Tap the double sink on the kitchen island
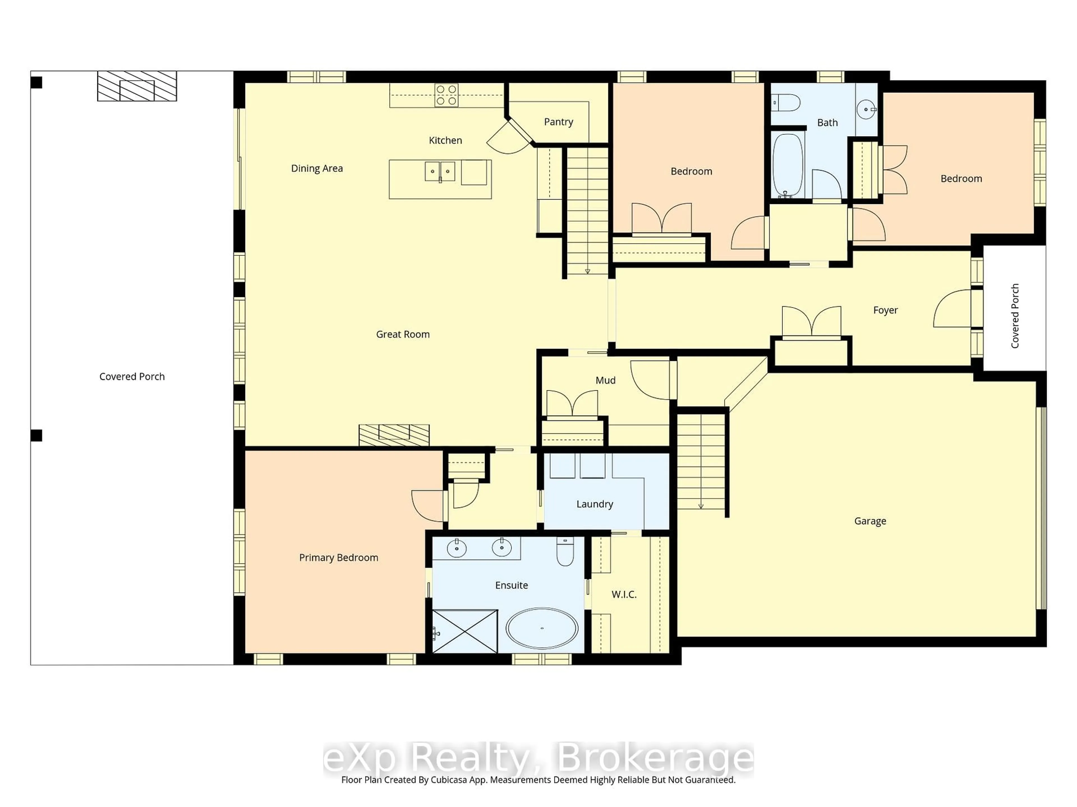click(440, 171)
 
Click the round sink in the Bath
click(866, 109)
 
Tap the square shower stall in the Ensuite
click(465, 631)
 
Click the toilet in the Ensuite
click(565, 552)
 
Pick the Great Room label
click(403, 334)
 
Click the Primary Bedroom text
click(339, 557)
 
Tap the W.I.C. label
click(624, 594)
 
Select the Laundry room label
click(595, 504)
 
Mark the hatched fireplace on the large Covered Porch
click(137, 86)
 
